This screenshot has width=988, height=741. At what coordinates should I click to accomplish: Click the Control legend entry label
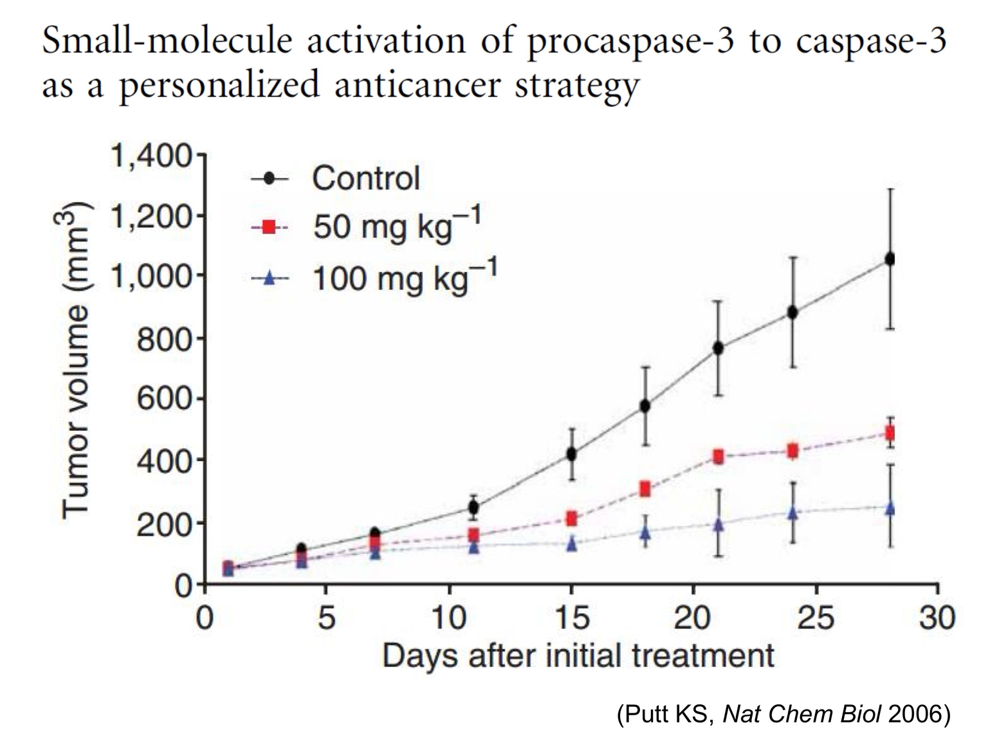365,178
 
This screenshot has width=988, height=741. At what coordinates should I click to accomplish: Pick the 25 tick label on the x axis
815,618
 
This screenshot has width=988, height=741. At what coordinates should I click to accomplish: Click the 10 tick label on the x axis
448,618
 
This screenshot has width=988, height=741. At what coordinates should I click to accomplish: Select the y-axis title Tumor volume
75,360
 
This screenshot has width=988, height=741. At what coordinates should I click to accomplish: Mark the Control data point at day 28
890,259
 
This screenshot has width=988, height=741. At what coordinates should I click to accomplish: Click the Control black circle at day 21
718,348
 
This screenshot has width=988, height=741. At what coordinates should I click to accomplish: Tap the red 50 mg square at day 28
890,433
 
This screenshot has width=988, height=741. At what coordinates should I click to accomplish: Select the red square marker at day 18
645,489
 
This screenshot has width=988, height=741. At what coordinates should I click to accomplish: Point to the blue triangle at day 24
792,513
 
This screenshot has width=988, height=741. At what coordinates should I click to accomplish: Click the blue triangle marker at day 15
571,544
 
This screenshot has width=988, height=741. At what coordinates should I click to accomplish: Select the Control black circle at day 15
571,454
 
